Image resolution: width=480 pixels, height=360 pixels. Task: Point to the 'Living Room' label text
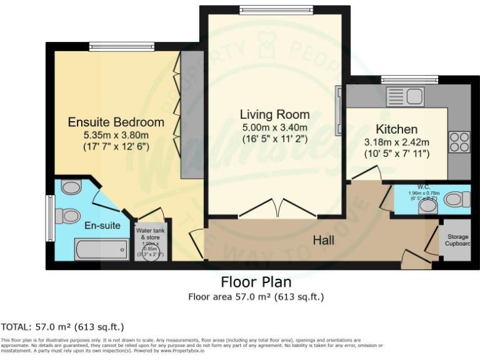274,114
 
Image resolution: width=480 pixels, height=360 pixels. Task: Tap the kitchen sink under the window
405,96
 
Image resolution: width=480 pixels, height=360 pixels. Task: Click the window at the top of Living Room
276,10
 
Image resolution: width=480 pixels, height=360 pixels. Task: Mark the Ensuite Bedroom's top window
121,46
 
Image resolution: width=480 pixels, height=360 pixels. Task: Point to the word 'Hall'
324,240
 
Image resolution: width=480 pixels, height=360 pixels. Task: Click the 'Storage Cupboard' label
457,240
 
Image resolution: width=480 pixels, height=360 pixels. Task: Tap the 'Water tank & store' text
150,234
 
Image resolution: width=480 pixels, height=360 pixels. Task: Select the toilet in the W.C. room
457,199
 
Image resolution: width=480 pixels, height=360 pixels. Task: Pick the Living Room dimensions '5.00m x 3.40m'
274,127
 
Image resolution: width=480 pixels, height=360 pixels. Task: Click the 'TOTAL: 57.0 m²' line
62,327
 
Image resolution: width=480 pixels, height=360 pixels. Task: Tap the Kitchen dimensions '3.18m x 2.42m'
396,142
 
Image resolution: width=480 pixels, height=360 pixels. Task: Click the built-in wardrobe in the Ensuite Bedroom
189,114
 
